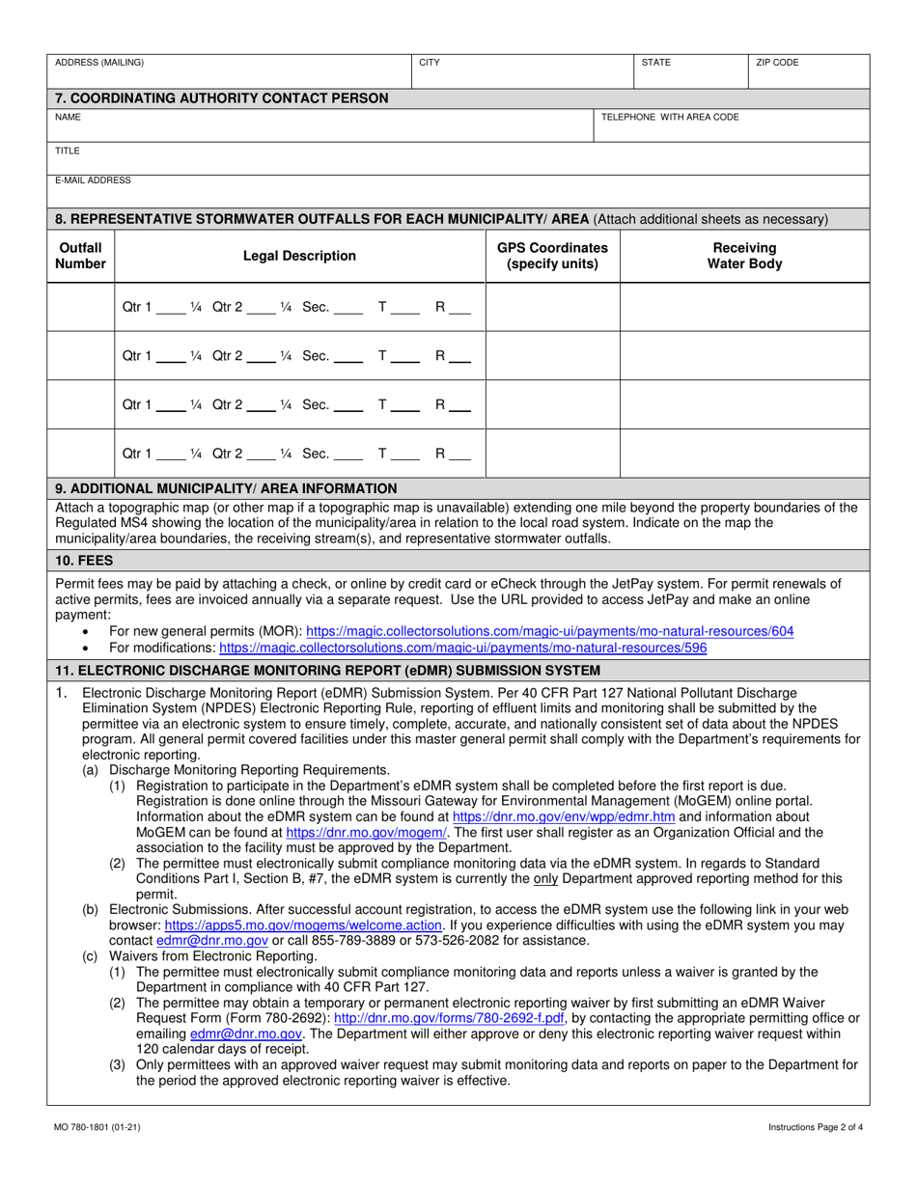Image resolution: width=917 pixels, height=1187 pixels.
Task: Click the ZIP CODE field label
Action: click(777, 63)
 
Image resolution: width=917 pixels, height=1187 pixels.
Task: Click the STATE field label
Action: click(656, 63)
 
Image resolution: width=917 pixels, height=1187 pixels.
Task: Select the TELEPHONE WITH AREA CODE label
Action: click(670, 117)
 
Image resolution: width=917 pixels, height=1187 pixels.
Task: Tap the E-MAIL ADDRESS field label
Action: click(93, 179)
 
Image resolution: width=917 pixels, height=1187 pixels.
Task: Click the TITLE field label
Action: click(68, 151)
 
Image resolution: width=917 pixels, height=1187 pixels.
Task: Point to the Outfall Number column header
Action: click(80, 256)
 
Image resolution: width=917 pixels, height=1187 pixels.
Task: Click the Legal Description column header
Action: click(299, 256)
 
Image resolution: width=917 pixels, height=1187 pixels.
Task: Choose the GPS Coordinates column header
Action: click(552, 256)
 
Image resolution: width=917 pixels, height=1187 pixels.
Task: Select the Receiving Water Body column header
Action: click(744, 256)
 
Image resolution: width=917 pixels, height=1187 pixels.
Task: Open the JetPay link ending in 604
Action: click(550, 631)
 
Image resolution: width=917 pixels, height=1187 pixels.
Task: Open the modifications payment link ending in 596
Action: click(463, 648)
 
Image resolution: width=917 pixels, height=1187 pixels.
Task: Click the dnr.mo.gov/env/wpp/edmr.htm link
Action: click(564, 815)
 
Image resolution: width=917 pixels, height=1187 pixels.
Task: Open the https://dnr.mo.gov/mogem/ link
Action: click(367, 831)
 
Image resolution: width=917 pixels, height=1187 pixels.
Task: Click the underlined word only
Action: click(546, 878)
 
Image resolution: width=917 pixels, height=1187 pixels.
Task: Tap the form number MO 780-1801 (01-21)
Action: click(97, 1127)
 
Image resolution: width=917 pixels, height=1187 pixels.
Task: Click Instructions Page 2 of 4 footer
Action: click(816, 1127)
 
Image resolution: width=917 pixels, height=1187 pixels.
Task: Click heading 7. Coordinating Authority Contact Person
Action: click(222, 97)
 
